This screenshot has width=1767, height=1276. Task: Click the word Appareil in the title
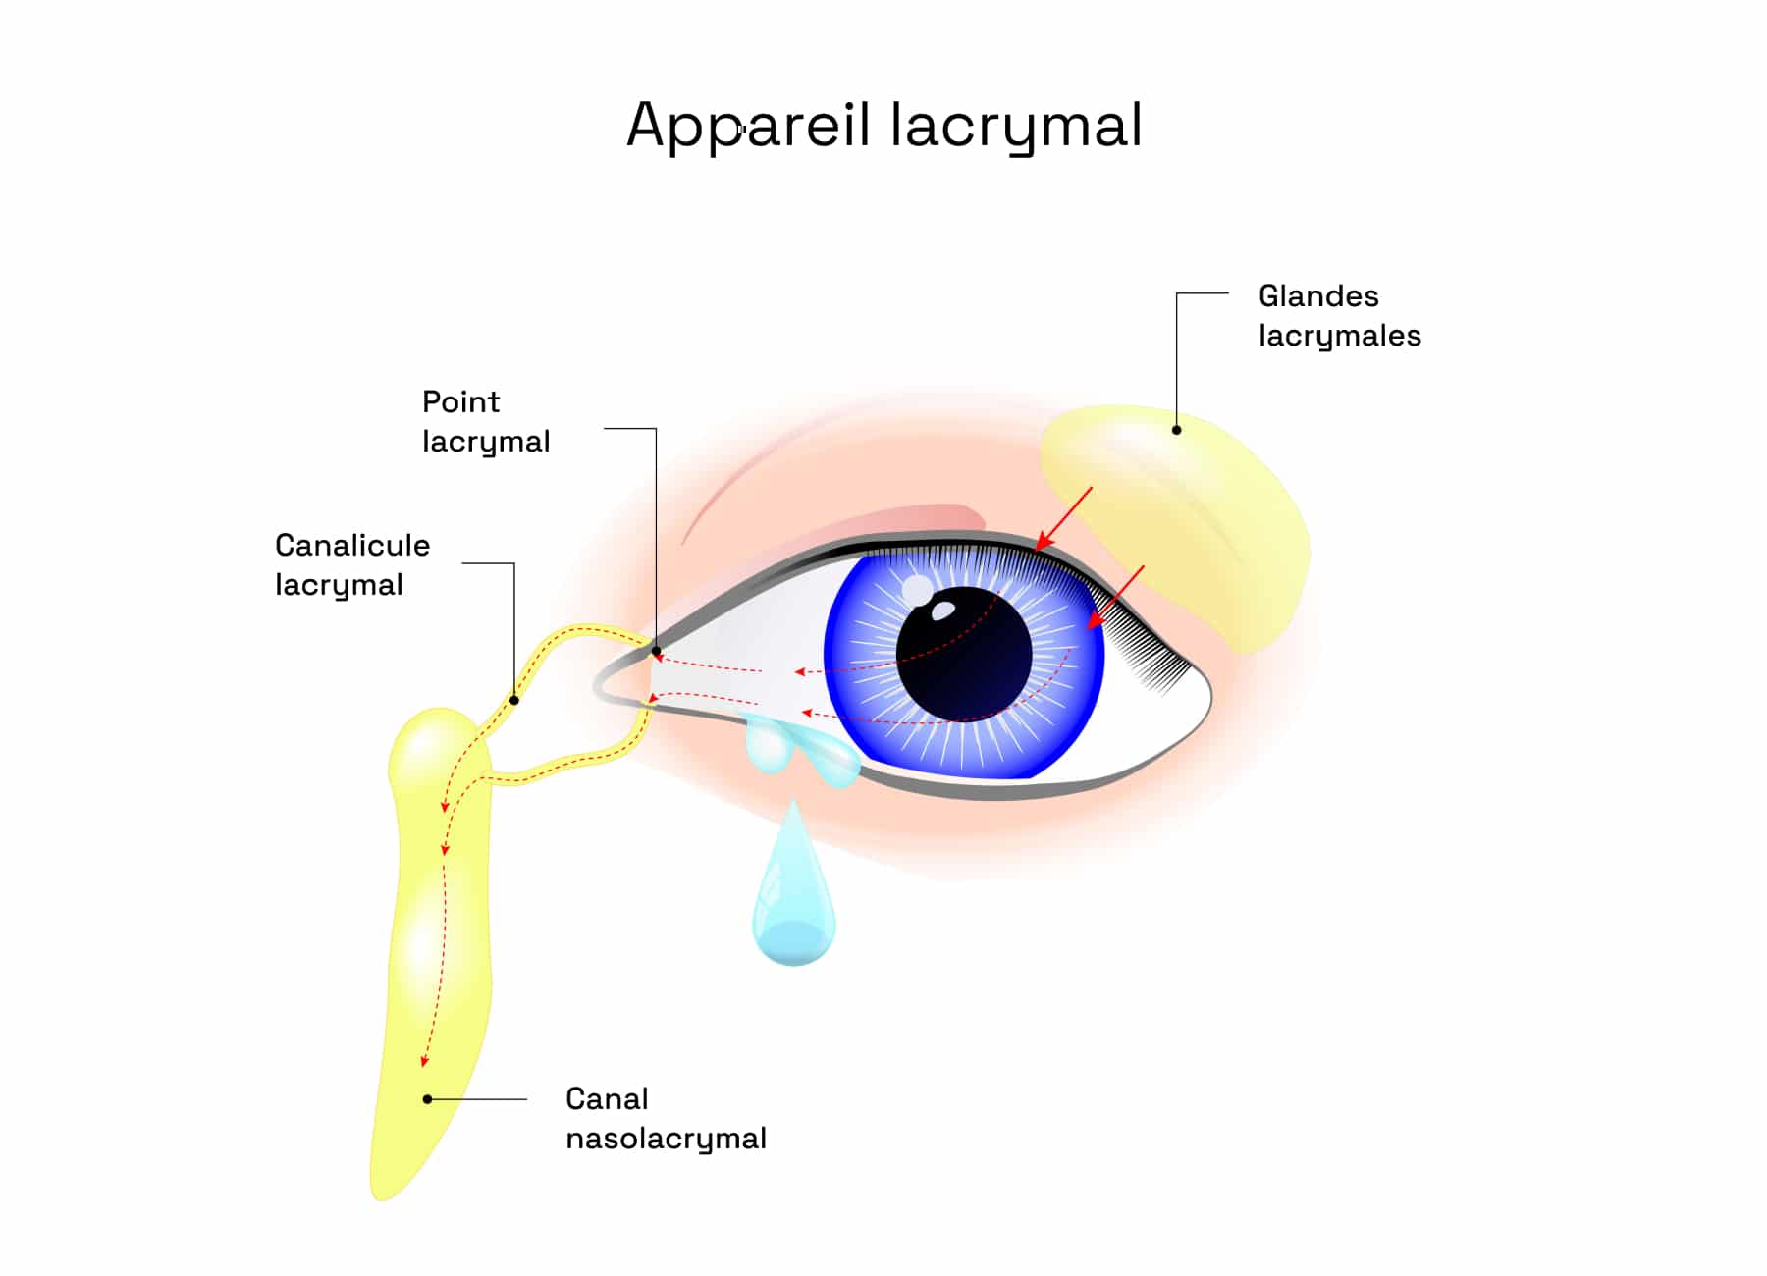(748, 126)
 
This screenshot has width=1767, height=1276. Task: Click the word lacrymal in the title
(1016, 126)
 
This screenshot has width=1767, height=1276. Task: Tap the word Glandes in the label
(1318, 295)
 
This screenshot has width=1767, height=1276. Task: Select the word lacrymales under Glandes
(1340, 336)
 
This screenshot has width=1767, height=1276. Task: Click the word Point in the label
(460, 401)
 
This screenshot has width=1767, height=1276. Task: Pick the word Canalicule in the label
(352, 545)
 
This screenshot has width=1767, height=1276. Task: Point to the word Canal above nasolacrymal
(607, 1098)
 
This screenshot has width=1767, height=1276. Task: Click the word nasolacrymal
(667, 1139)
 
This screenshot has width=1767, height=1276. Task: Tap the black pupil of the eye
(964, 654)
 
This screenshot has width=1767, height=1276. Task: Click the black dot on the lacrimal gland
(1176, 430)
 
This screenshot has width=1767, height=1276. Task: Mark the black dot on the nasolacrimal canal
(427, 1099)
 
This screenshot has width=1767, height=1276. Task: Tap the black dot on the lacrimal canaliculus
(514, 700)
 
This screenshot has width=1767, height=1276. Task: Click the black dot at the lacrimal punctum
(656, 650)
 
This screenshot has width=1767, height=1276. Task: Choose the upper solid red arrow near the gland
(1064, 519)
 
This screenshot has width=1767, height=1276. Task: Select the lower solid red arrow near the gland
(1115, 598)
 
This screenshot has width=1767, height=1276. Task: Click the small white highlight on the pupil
(942, 611)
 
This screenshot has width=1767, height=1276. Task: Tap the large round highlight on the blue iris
(918, 591)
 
